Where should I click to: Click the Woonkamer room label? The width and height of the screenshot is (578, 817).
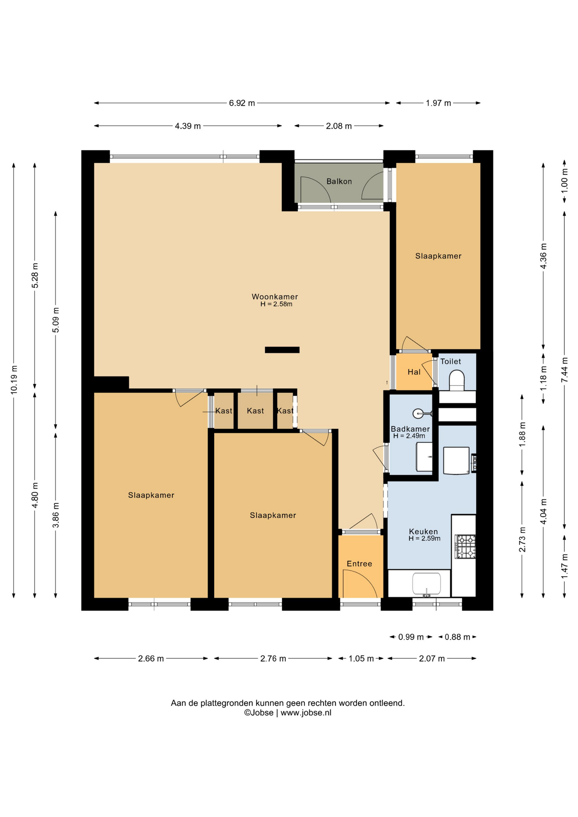pos(275,297)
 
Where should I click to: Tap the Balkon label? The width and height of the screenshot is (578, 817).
pos(339,181)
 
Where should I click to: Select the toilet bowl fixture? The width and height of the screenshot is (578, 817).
pos(457,380)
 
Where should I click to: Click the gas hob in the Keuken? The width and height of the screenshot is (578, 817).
pos(465,546)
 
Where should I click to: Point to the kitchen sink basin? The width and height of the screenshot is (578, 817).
pos(426,583)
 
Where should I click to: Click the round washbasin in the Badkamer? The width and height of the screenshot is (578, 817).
pos(418,413)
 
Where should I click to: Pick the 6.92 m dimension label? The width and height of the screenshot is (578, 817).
pos(242,103)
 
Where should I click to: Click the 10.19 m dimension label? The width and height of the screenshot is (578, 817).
pos(14,379)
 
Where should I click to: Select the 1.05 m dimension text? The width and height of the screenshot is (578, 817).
pos(361,659)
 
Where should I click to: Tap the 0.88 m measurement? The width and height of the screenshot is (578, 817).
pos(457,637)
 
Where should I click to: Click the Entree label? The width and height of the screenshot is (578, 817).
pos(359,564)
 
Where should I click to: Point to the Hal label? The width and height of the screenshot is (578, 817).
pos(414,372)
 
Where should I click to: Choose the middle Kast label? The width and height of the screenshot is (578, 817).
pos(255,411)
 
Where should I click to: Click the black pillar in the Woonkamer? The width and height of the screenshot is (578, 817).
pos(282,350)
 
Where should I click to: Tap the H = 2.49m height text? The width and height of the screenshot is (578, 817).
pos(409,436)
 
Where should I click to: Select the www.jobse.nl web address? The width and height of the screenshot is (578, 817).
pos(306,713)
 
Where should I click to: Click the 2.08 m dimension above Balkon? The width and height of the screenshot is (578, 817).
pos(339,126)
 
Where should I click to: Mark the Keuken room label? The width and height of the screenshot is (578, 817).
pos(423,531)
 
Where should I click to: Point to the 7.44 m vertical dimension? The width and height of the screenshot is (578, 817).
pos(565,369)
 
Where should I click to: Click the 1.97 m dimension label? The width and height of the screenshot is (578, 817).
pos(438,103)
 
